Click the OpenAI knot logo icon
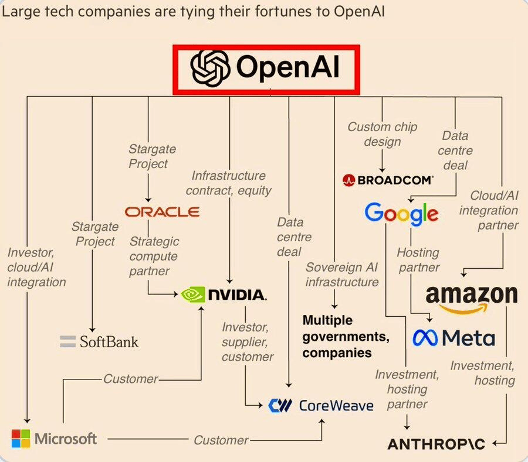pos(210,69)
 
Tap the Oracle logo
pos(162,211)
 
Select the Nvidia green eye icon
pos(192,294)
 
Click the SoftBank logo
pos(99,341)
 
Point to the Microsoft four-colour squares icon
pos(21,438)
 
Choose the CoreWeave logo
pos(320,405)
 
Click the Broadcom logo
pos(388,180)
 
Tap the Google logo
pos(401,213)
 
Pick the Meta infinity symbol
pos(425,337)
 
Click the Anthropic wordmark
pos(436,443)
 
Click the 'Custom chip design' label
pos(374,134)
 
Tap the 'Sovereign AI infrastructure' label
pos(342,275)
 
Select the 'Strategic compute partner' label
pos(154,256)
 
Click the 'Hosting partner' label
pos(418,260)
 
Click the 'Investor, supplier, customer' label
pos(247,341)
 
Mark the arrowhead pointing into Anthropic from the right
pos(495,443)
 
